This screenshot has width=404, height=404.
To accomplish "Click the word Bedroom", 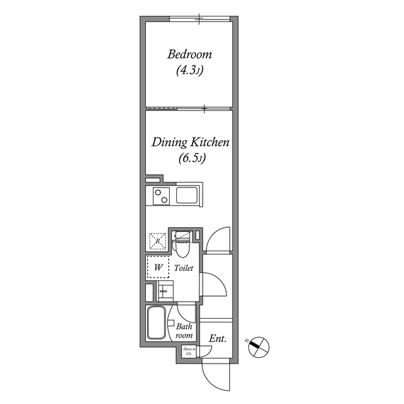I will [189, 54].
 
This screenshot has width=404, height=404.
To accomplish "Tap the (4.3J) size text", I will [189, 71].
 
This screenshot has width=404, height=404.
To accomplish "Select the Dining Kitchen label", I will [189, 143].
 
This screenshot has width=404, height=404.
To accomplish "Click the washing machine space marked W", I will [158, 267].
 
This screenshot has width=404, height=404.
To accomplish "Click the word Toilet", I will [184, 268].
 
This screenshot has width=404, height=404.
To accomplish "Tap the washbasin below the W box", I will [165, 292].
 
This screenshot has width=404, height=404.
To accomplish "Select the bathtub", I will [155, 323].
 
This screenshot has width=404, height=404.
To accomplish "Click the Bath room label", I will [184, 331].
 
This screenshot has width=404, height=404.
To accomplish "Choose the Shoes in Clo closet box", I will [187, 352].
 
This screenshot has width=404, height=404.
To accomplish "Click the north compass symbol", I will [259, 345].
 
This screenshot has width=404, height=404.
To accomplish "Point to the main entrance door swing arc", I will [215, 376].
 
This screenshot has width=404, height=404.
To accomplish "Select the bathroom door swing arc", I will [187, 311].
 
